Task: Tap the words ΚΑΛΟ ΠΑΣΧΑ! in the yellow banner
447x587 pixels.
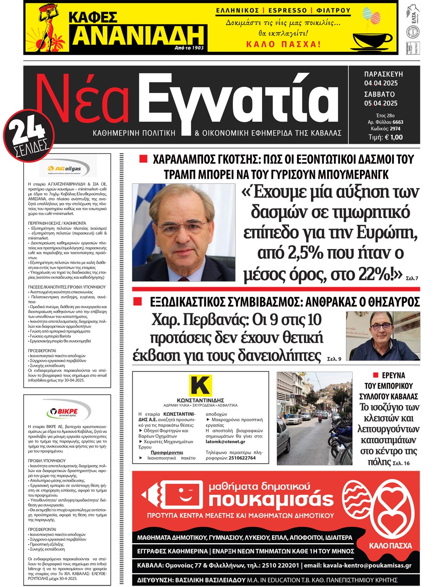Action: coord(283,45)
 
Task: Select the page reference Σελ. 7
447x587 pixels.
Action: coord(411,278)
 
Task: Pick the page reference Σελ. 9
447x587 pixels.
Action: coord(334,359)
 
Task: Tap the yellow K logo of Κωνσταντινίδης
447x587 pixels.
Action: coord(200,386)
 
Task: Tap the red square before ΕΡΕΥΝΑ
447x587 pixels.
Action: coord(375,375)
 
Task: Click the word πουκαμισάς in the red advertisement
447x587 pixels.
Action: coord(271,499)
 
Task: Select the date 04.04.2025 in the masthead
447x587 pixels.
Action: coord(381,83)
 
